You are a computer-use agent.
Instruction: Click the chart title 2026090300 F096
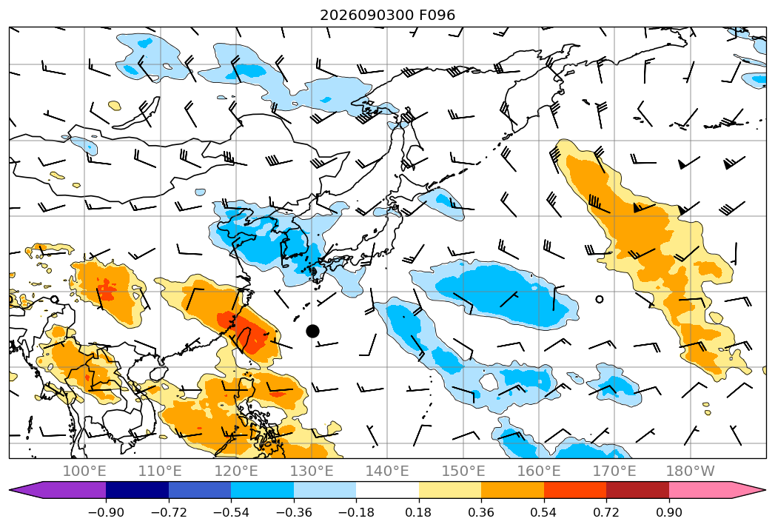[x=388, y=16]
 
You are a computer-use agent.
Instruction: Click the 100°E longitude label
[x=84, y=471]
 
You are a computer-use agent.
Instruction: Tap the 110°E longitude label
[x=160, y=471]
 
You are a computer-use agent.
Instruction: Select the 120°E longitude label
[x=236, y=471]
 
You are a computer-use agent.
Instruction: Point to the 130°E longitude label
[x=312, y=471]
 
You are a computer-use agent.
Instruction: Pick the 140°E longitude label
[x=387, y=471]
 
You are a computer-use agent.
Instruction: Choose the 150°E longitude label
[x=463, y=471]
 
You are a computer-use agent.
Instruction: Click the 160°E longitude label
[x=539, y=471]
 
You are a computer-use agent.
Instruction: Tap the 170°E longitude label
[x=614, y=471]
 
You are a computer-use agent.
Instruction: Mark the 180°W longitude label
[x=690, y=471]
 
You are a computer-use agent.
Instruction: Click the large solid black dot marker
[x=312, y=332]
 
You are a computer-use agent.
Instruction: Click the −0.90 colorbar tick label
[x=106, y=512]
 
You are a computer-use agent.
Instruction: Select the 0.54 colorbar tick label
[x=544, y=512]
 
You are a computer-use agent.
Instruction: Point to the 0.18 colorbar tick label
[x=419, y=512]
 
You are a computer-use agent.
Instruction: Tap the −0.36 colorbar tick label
[x=294, y=512]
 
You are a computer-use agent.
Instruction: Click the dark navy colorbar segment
[x=138, y=490]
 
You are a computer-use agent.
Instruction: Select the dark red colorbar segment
[x=637, y=490]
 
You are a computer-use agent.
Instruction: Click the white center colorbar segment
[x=388, y=490]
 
